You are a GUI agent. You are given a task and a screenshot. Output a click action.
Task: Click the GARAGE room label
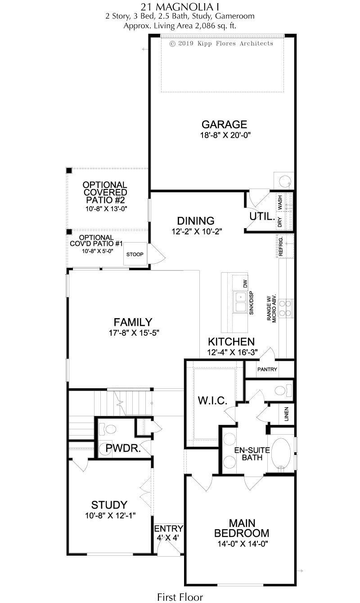point(224,124)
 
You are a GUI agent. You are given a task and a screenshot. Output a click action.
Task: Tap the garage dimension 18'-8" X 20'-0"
point(225,135)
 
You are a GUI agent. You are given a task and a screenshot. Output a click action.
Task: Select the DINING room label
point(196,221)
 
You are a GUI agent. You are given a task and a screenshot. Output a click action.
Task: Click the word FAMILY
point(133,322)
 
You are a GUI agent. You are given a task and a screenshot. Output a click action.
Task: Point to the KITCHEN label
point(231,342)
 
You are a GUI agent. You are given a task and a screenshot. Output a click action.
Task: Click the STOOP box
point(135,254)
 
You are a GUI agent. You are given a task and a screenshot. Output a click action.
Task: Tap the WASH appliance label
point(280,203)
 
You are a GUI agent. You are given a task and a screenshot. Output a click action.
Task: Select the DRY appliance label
point(280,222)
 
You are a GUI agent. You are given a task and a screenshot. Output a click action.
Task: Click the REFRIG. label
point(281,246)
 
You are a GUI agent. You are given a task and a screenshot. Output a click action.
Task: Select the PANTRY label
point(267,369)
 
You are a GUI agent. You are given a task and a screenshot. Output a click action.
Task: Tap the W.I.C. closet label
point(212,400)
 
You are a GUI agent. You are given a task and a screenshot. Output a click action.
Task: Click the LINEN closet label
point(286,414)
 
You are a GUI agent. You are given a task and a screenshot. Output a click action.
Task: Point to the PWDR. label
point(123,448)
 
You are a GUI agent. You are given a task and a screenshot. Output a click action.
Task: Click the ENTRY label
point(169,528)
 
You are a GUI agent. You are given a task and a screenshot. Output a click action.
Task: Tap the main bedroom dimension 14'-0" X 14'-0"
point(243,544)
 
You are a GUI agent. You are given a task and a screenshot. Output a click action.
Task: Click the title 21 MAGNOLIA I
point(180,6)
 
